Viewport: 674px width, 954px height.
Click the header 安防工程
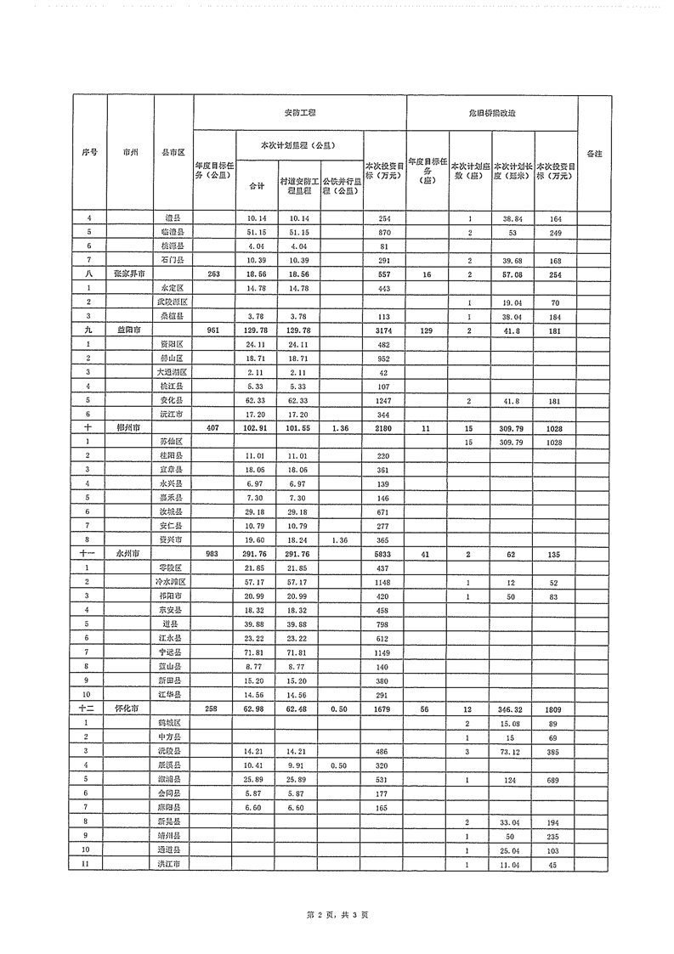(x=299, y=112)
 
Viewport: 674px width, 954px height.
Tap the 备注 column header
(x=594, y=153)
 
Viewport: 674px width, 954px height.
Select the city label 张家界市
(x=128, y=274)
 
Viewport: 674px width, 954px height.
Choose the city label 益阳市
(x=128, y=329)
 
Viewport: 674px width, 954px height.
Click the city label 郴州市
(x=128, y=428)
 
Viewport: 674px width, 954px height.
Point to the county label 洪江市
(x=170, y=864)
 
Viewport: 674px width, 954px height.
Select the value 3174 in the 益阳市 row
(x=384, y=329)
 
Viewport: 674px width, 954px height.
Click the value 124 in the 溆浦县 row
(x=513, y=778)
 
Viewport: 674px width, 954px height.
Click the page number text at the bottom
(x=337, y=915)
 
